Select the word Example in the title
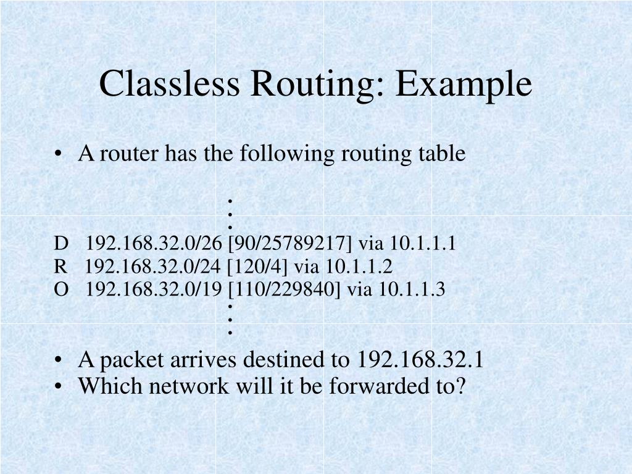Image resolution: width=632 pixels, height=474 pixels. (464, 85)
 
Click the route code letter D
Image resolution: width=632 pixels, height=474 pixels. (59, 244)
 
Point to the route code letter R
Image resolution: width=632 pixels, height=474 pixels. (59, 267)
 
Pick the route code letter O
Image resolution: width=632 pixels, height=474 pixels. (60, 289)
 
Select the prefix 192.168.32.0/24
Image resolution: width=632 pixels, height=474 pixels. (153, 267)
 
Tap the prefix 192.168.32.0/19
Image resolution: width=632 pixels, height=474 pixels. (154, 289)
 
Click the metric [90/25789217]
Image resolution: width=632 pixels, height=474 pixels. (290, 244)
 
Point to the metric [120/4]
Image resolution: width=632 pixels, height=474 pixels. (257, 267)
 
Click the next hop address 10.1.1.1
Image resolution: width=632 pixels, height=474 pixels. (423, 244)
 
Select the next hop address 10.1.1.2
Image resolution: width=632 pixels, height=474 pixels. (359, 267)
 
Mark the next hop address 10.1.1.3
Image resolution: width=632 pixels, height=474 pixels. (412, 289)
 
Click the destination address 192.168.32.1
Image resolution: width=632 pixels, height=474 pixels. (420, 359)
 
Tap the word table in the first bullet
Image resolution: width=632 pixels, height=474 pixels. (443, 154)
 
